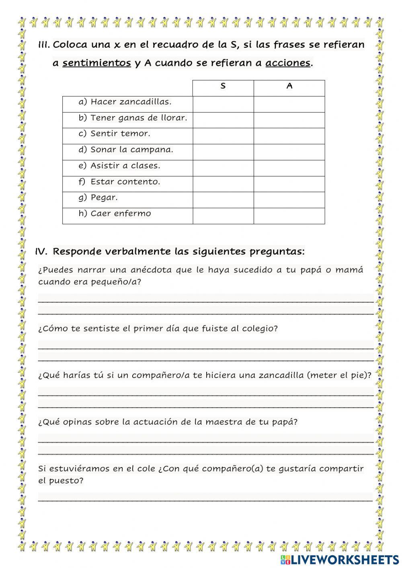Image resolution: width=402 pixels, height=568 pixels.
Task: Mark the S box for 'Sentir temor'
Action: coord(223,136)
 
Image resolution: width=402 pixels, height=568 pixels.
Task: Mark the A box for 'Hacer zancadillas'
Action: coord(289,104)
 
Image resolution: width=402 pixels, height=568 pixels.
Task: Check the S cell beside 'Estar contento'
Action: coord(223,184)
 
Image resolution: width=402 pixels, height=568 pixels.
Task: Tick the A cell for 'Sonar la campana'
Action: coord(289,152)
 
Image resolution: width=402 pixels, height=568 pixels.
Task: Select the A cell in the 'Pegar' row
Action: coord(289,200)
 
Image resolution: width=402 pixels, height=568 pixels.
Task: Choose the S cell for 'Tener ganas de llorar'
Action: coord(223,120)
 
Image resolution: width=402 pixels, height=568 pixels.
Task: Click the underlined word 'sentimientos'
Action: coord(96,63)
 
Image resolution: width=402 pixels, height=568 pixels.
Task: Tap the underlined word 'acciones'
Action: coord(288,63)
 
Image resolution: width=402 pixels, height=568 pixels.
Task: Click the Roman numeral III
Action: coord(44,45)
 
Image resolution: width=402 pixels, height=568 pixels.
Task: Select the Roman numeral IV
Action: coord(41,252)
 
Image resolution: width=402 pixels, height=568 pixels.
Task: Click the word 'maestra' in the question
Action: coord(222,422)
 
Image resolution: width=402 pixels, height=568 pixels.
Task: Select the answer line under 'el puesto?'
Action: coord(205,499)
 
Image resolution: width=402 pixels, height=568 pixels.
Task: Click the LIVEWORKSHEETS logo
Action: coord(340,560)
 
